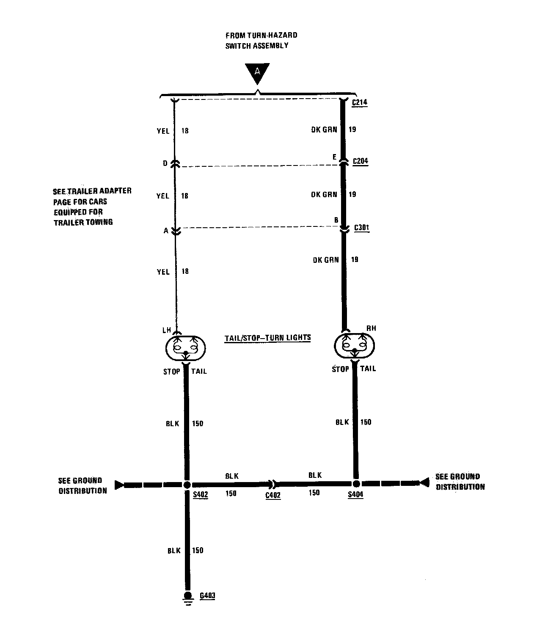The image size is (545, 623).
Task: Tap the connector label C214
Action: (359, 102)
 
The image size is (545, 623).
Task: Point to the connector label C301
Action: (361, 228)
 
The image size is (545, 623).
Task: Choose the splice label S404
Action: (355, 494)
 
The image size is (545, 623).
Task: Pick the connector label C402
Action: (273, 495)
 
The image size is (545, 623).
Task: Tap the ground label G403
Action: (208, 595)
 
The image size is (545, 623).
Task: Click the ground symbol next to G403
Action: (188, 598)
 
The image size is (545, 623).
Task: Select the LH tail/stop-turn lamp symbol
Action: (185, 348)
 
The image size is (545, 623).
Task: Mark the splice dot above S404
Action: (356, 483)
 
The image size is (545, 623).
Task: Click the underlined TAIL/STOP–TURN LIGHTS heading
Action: (267, 338)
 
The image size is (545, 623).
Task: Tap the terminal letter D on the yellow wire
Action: (165, 163)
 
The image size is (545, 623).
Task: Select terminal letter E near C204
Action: (334, 157)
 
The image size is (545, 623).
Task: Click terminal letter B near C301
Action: (336, 220)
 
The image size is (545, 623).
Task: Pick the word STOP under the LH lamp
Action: (171, 372)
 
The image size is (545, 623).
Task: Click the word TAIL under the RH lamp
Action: (368, 369)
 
